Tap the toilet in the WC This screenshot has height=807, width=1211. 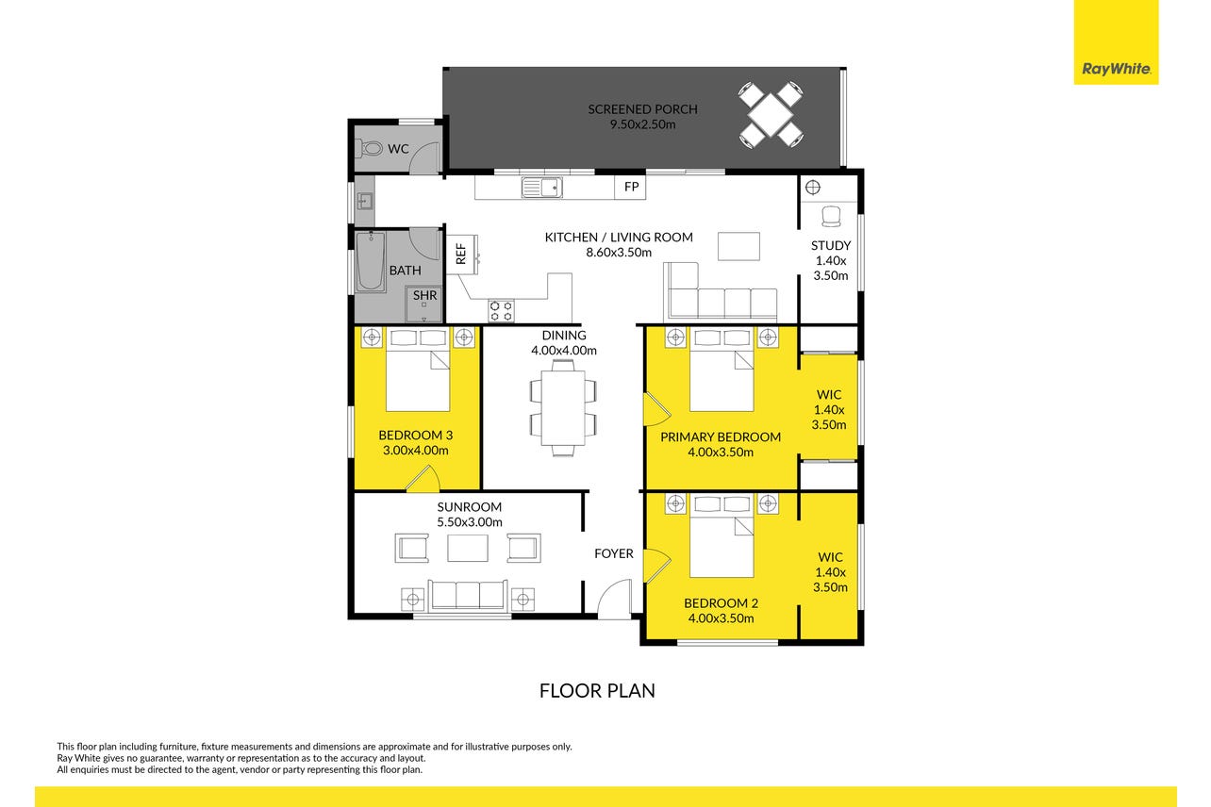pos(369,148)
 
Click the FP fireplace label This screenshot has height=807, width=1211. pos(632,187)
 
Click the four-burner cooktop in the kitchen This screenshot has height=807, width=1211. pos(501,311)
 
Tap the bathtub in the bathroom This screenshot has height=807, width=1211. pos(371,262)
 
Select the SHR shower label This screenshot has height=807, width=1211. pos(425,296)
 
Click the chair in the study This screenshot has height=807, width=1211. pos(831,217)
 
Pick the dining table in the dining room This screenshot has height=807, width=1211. pos(563,407)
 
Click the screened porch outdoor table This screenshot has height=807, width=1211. pos(771,115)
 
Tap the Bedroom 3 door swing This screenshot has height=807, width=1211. pos(423,480)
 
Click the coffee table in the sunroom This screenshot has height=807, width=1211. pos(468,548)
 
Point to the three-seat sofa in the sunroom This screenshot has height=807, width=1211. pos(468,596)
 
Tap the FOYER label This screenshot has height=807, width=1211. pos(614,553)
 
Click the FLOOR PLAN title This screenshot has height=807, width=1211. pos(597,691)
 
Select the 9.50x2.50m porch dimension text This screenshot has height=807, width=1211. pos(643,124)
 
